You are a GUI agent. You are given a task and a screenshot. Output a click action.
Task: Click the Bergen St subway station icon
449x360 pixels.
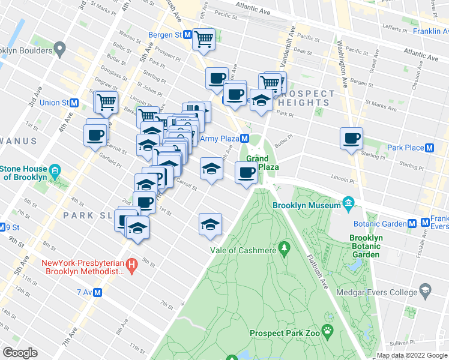tap(187, 35)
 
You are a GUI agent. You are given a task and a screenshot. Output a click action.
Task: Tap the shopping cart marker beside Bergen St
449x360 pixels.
tap(204, 40)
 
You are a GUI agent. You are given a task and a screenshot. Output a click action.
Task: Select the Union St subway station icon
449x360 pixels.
tap(74, 103)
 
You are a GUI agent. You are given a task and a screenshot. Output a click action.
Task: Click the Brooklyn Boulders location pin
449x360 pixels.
tap(59, 48)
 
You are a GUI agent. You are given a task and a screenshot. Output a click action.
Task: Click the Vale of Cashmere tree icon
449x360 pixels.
tap(285, 247)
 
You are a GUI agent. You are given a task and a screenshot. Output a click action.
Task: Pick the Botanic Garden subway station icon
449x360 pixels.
tap(412, 223)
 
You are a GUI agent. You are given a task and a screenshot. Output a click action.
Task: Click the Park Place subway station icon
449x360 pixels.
tap(429, 148)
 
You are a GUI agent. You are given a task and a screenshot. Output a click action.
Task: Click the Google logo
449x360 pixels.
tap(20, 353)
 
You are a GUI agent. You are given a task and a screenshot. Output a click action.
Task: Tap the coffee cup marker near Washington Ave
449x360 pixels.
tap(351, 139)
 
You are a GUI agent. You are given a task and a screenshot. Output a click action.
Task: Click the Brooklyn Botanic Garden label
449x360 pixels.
tap(366, 246)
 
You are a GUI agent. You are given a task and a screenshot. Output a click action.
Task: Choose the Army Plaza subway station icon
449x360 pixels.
tap(245, 139)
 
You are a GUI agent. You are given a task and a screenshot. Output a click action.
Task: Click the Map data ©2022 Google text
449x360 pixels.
tap(412, 355)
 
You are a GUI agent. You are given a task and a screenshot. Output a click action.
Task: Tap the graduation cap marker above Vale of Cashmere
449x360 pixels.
tap(210, 224)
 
